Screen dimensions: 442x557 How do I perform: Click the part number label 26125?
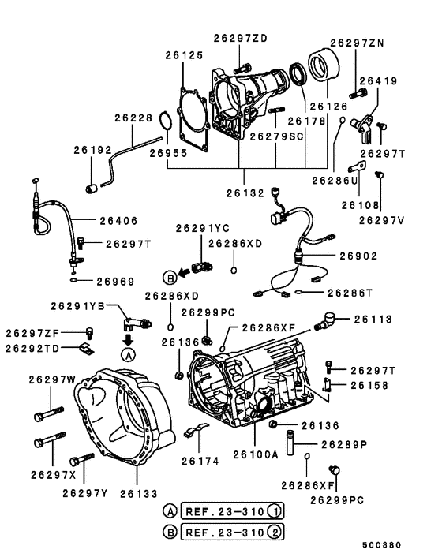pyautogui.click(x=184, y=55)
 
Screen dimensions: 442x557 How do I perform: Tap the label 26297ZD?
pyautogui.click(x=240, y=39)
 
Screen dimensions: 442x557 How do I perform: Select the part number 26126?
pyautogui.click(x=328, y=107)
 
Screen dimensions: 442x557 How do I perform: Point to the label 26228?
pyautogui.click(x=133, y=118)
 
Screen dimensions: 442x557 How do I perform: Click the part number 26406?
pyautogui.click(x=118, y=221)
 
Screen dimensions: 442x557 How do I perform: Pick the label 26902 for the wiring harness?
pyautogui.click(x=358, y=256)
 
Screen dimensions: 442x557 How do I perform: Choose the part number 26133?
pyautogui.click(x=139, y=494)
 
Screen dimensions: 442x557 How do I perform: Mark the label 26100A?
pyautogui.click(x=256, y=454)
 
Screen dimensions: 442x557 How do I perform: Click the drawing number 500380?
pyautogui.click(x=381, y=545)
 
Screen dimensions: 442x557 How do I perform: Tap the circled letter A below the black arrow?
pyautogui.click(x=129, y=354)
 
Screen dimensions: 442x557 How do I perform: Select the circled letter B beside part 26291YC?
pyautogui.click(x=170, y=278)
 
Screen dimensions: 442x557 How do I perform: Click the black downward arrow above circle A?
pyautogui.click(x=128, y=339)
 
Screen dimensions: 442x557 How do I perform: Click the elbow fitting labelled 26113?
pyautogui.click(x=324, y=321)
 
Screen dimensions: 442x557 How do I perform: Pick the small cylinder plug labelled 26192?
pyautogui.click(x=92, y=188)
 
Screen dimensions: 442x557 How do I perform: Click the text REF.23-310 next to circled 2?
pyautogui.click(x=225, y=532)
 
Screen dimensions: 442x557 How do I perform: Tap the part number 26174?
pyautogui.click(x=200, y=461)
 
